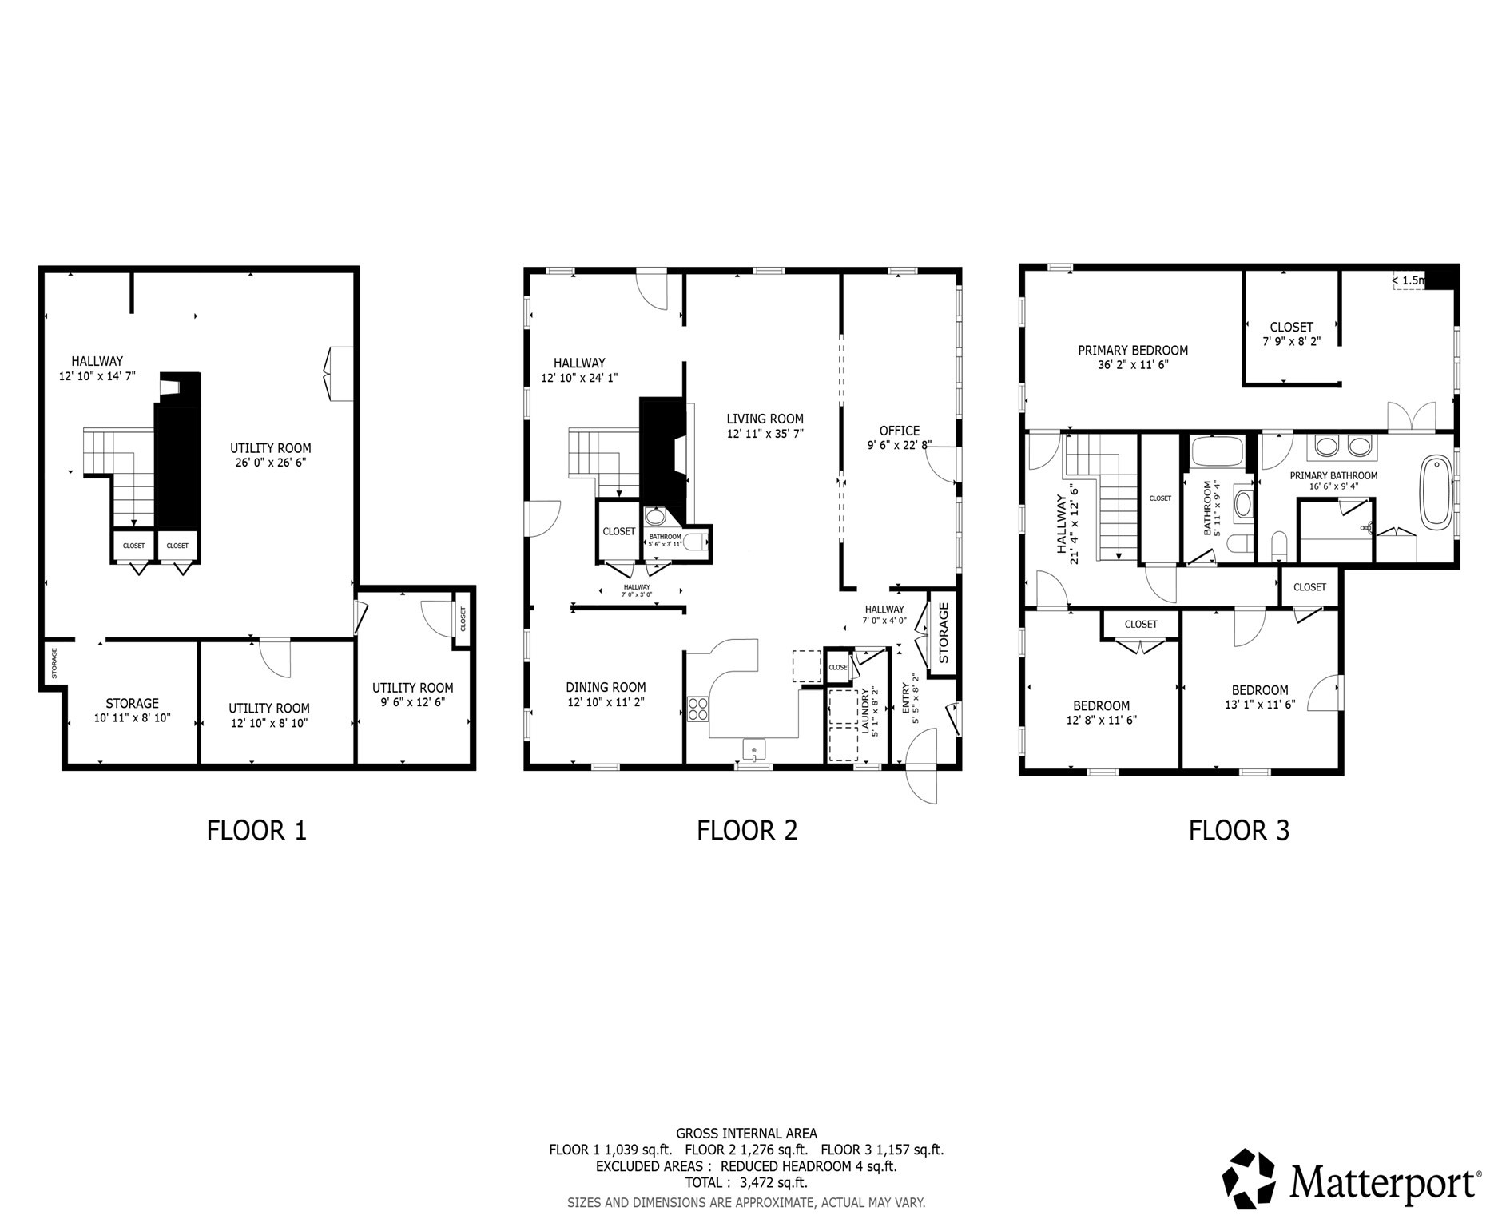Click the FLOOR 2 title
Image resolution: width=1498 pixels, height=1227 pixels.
(747, 831)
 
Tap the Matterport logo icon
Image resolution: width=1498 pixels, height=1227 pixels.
(1251, 1178)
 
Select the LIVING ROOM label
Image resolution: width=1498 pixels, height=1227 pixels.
(765, 419)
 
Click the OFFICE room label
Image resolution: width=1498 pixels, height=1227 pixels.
(900, 431)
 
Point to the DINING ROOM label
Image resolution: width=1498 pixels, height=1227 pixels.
(606, 687)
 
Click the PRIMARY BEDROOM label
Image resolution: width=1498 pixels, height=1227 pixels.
(1132, 351)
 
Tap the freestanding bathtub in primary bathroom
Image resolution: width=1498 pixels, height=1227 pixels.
(1436, 491)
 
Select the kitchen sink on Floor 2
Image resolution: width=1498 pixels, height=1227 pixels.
(754, 749)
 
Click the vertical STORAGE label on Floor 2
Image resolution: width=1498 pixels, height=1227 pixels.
(943, 633)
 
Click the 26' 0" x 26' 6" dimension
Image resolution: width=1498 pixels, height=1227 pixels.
(270, 462)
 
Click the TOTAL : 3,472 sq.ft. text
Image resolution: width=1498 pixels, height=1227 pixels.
(746, 1182)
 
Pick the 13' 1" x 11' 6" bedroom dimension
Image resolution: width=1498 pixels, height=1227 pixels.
(1260, 705)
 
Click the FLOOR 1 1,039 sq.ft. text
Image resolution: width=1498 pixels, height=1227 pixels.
(610, 1150)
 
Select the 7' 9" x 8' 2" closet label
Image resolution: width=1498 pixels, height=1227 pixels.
(1291, 341)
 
